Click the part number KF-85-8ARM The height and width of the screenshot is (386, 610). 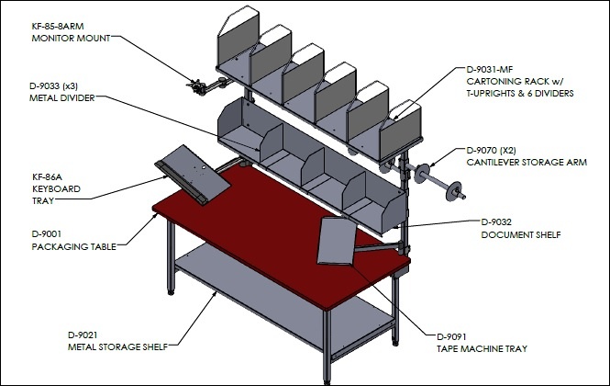pyautogui.click(x=58, y=26)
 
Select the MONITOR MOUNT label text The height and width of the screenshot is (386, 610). pyautogui.click(x=71, y=39)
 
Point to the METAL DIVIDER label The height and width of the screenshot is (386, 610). pyautogui.click(x=61, y=97)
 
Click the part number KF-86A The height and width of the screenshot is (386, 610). pyautogui.click(x=47, y=177)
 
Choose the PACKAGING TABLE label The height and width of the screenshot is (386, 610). pyautogui.click(x=74, y=247)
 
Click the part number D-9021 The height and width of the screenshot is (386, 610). pyautogui.click(x=83, y=335)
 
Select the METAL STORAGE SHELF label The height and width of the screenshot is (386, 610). pyautogui.click(x=117, y=347)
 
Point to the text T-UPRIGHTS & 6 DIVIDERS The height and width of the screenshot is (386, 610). pyautogui.click(x=520, y=94)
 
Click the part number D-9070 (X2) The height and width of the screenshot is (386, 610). pyautogui.click(x=491, y=150)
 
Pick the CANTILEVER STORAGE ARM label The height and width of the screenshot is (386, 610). pyautogui.click(x=527, y=162)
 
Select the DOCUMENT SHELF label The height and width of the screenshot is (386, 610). pyautogui.click(x=521, y=235)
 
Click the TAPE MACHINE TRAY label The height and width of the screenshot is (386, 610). pyautogui.click(x=482, y=349)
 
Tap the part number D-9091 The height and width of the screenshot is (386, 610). pyautogui.click(x=451, y=337)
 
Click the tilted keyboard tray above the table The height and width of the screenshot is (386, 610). pyautogui.click(x=193, y=175)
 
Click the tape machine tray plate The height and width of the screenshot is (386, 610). pyautogui.click(x=337, y=241)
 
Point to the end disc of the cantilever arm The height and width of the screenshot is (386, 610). pyautogui.click(x=453, y=190)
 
